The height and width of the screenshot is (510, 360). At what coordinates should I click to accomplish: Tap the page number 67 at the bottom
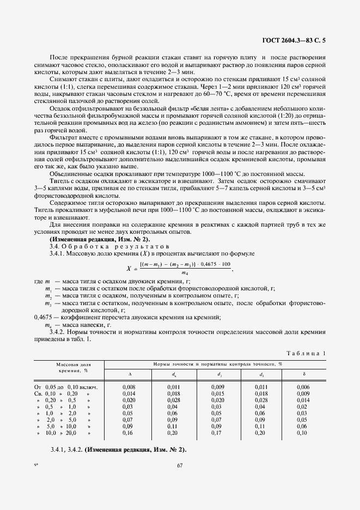pos(180,465)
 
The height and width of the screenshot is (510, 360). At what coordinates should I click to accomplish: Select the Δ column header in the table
pos(129,374)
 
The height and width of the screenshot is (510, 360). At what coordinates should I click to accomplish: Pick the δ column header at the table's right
pos(303,374)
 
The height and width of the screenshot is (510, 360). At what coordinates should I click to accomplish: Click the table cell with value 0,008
pos(129,387)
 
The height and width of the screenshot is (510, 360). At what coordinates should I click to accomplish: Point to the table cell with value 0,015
pos(216,393)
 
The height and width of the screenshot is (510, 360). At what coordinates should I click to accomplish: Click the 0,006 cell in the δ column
pos(303,387)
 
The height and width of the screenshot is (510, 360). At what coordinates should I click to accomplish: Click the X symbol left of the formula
pos(129,268)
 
